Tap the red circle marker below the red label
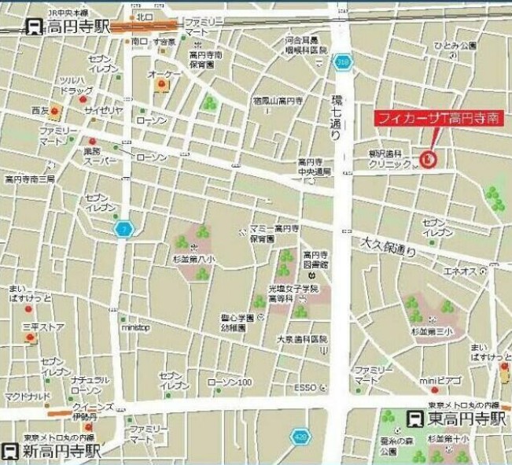tap(428, 159)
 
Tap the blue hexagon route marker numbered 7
tap(123, 229)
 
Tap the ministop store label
tap(135, 327)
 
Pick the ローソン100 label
tap(229, 382)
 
